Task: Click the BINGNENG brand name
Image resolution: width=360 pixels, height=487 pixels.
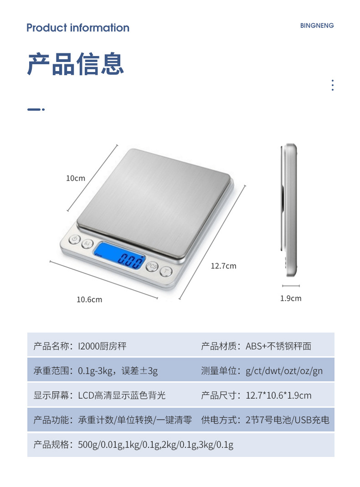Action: [317, 26]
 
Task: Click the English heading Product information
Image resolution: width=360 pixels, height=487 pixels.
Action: [77, 28]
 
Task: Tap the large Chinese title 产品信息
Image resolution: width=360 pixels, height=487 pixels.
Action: [76, 64]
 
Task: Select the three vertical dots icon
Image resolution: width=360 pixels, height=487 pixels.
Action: [333, 85]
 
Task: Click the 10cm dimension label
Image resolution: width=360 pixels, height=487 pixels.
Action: [76, 178]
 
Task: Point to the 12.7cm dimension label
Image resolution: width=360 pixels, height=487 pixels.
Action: [223, 266]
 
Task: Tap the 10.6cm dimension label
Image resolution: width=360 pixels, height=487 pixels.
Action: [89, 299]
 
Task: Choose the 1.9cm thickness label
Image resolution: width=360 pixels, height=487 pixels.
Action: [291, 298]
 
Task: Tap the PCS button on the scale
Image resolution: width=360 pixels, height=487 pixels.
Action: [152, 267]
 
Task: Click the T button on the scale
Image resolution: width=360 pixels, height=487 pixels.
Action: [166, 272]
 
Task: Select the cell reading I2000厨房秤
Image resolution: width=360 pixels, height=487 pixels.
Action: [102, 346]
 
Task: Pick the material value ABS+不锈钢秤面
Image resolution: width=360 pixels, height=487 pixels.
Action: [278, 346]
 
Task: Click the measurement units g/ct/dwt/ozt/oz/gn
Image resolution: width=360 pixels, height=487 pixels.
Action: [284, 371]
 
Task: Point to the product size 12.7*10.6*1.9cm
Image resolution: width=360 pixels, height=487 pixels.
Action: [278, 395]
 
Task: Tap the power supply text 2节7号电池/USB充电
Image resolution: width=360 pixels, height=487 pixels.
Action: [288, 420]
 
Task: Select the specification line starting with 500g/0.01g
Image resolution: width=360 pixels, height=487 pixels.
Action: [155, 445]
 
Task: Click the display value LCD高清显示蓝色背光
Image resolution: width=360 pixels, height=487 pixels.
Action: [122, 395]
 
